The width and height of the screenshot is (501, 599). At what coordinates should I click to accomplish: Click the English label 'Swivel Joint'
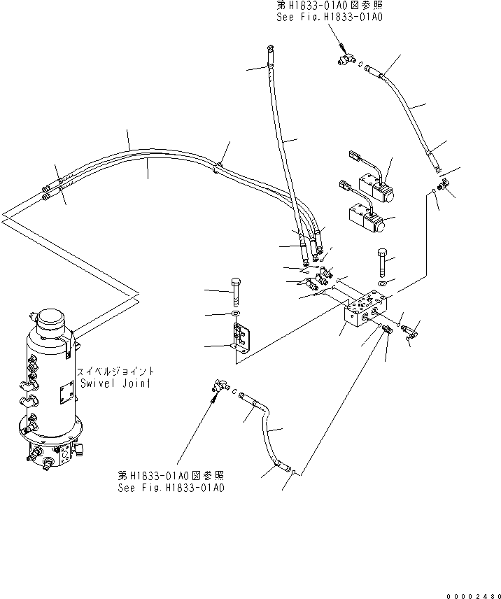115,383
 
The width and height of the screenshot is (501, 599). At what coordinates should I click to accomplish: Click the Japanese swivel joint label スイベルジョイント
115,372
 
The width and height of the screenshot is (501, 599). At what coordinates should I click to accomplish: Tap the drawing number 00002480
474,596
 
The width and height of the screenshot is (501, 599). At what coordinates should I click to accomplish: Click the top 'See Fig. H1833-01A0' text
330,17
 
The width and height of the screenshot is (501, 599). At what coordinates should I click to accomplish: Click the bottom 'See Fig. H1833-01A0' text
171,488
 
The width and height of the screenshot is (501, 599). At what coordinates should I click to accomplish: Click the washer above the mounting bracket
236,314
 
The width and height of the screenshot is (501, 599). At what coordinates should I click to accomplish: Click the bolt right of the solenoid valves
382,262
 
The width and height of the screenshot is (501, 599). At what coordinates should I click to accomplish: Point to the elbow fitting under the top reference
346,59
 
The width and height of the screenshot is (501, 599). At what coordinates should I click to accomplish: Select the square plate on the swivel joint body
66,394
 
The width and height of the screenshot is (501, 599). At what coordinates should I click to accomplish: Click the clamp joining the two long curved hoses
217,167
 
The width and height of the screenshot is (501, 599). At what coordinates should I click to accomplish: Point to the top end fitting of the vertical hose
270,49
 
